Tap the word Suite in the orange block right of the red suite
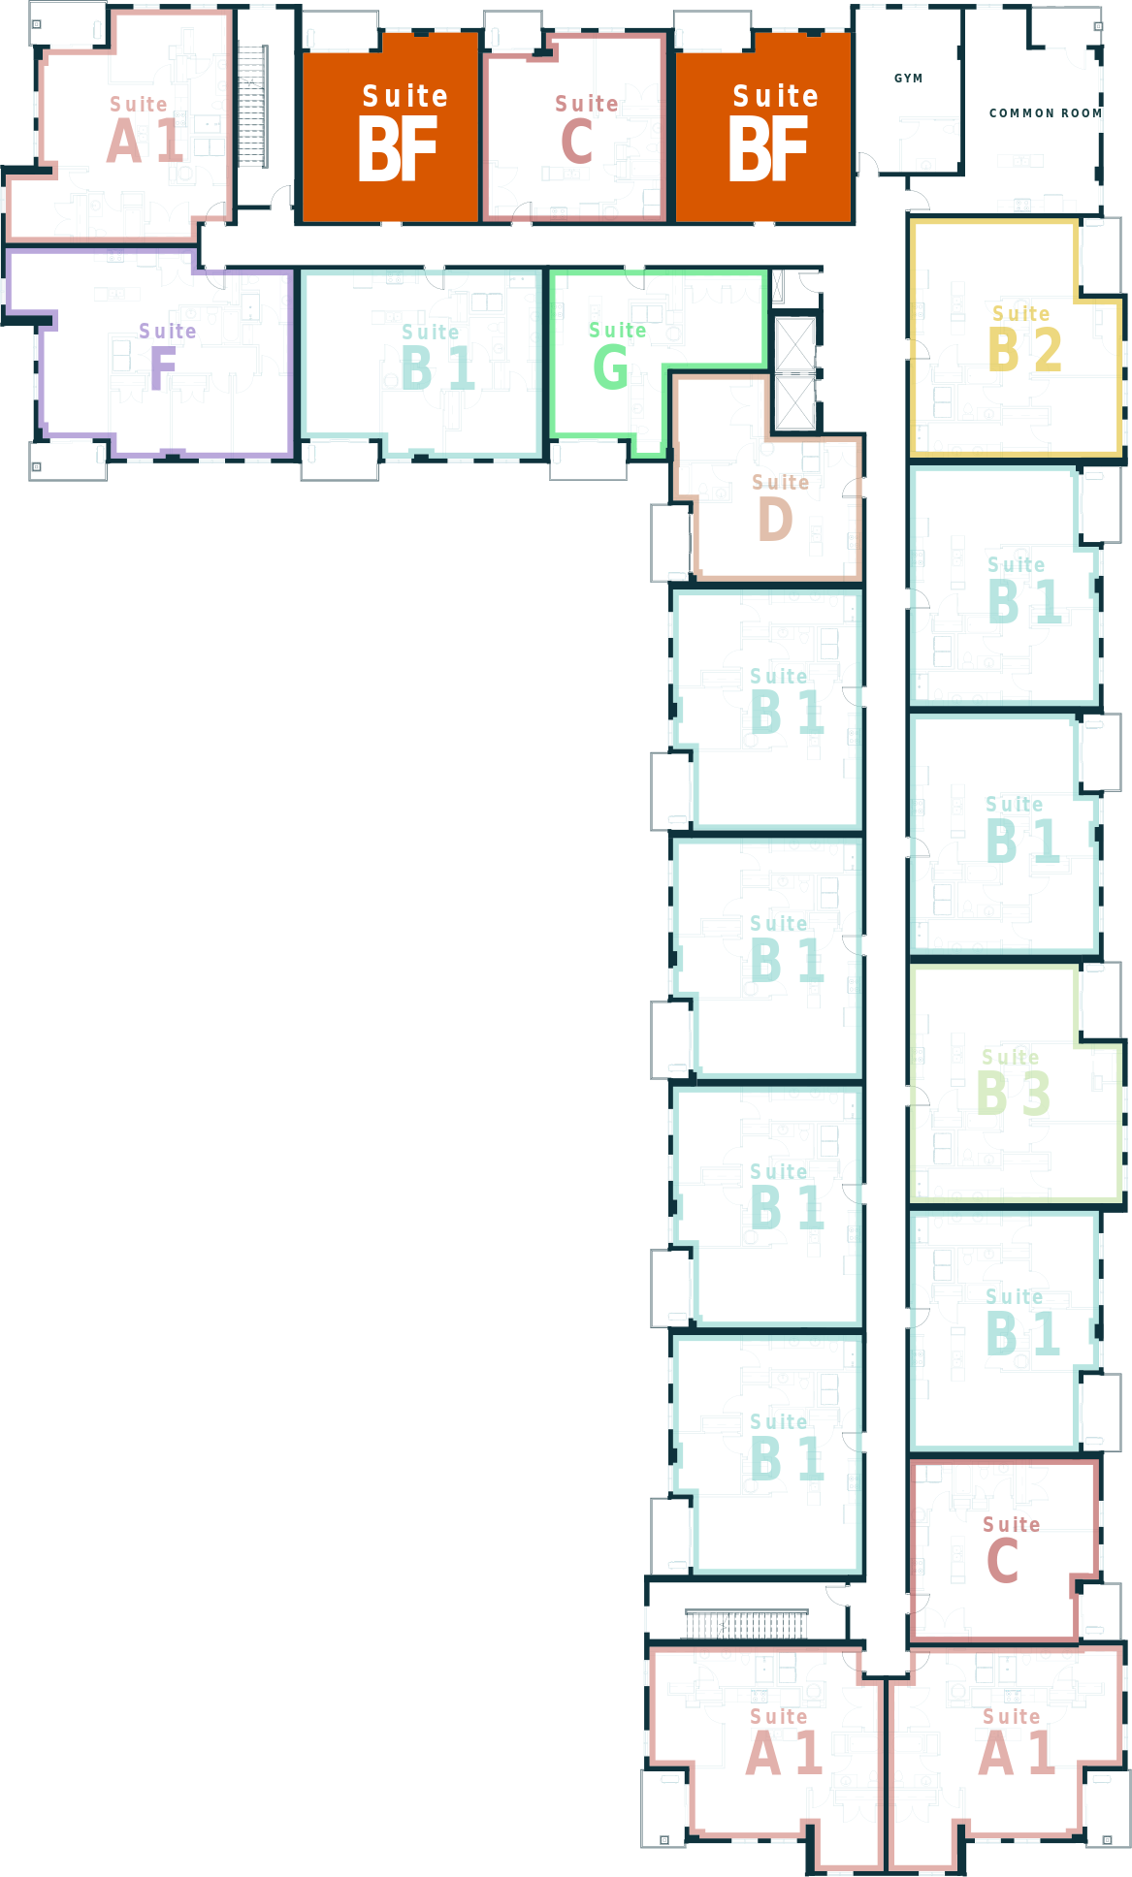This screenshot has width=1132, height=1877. [775, 96]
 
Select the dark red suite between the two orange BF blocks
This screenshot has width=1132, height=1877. [574, 126]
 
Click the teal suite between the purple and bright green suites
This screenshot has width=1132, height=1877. [422, 359]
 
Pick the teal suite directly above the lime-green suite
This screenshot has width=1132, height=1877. [1004, 834]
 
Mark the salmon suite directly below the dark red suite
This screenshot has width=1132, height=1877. [1004, 1755]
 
